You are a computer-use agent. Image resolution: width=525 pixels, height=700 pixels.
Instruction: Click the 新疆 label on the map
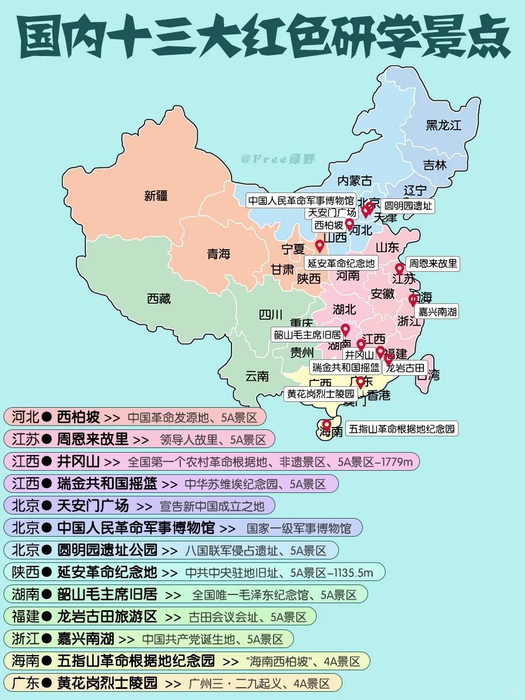(156, 196)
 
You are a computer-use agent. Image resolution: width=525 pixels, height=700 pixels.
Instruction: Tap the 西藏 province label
(159, 299)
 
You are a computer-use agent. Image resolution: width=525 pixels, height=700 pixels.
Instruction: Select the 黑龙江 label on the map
(443, 125)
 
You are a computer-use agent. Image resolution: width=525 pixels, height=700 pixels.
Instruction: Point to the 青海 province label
(219, 254)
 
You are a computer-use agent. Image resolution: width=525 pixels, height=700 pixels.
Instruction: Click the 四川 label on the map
(271, 315)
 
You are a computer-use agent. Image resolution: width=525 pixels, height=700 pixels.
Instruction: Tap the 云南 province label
(257, 376)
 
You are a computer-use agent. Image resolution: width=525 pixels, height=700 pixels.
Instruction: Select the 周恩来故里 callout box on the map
(433, 264)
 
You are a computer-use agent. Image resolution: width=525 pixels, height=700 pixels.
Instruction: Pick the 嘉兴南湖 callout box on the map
(437, 312)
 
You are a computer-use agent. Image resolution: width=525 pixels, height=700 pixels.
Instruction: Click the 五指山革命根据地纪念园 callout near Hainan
(402, 429)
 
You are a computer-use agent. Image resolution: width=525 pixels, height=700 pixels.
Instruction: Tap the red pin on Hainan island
(327, 425)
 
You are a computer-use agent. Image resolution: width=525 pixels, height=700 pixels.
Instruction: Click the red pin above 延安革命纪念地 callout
(320, 245)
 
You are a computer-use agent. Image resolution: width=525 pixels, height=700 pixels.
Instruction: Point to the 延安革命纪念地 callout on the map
(341, 263)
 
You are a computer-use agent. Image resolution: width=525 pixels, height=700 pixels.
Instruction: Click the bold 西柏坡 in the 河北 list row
(78, 417)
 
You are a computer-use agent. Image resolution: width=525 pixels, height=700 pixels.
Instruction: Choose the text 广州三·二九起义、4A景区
(260, 683)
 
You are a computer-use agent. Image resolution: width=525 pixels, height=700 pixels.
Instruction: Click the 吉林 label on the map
(435, 165)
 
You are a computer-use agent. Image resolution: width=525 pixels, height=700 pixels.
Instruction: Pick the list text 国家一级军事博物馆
(299, 528)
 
